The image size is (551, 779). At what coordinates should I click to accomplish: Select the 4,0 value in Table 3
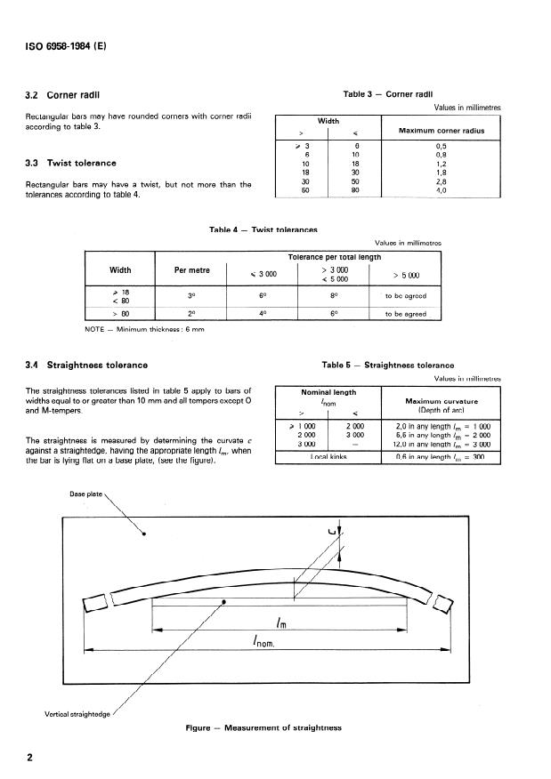tap(440, 189)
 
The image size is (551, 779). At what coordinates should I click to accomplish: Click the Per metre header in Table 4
tap(186, 269)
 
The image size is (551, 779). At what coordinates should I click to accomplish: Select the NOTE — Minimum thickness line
tap(135, 330)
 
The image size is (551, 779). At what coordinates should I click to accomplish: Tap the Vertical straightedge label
tap(78, 712)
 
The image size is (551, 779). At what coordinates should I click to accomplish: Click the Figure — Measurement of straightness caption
tap(263, 727)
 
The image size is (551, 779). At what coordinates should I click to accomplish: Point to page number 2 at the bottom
tap(30, 759)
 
